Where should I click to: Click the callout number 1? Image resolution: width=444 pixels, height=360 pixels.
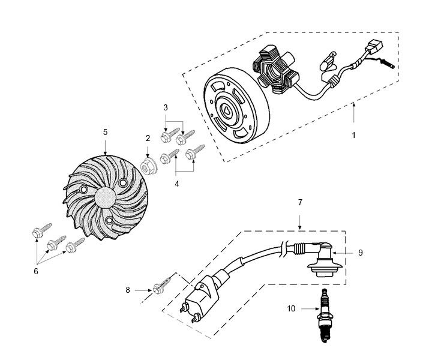click(354, 136)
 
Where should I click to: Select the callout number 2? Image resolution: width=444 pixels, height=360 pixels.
click(148, 138)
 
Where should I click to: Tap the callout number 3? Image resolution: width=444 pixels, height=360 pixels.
click(166, 107)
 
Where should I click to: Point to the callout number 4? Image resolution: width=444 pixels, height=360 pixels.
click(176, 185)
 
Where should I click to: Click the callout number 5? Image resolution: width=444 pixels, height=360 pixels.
click(105, 131)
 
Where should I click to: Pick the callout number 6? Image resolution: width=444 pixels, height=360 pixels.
click(36, 271)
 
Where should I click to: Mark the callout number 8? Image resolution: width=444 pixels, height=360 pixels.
click(128, 290)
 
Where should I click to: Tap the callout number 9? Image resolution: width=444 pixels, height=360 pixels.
click(360, 253)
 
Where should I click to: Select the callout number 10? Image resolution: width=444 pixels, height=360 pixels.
click(292, 309)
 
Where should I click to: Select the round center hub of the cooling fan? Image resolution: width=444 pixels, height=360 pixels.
click(104, 199)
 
